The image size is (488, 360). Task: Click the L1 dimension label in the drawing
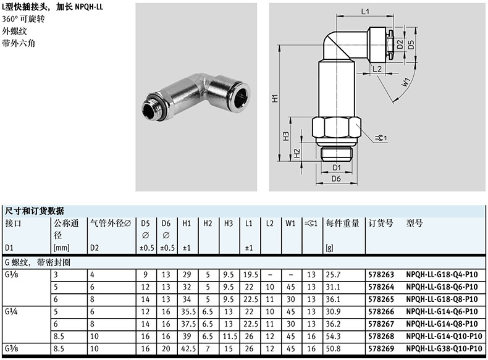(364, 12)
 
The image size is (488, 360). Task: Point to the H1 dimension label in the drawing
(275, 98)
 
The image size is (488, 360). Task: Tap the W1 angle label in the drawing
(406, 82)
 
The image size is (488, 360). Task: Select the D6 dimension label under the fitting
(336, 178)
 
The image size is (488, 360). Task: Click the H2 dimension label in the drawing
(297, 153)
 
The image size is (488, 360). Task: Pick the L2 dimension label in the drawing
(377, 69)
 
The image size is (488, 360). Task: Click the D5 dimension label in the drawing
(411, 44)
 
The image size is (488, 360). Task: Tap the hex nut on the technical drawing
(337, 127)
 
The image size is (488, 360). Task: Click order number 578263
(381, 275)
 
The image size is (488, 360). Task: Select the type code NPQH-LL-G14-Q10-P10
(444, 337)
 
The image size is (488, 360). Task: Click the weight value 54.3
(334, 337)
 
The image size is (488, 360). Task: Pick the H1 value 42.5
(188, 349)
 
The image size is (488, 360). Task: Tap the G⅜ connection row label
(12, 348)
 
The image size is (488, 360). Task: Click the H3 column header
(229, 224)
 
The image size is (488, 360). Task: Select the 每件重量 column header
(343, 223)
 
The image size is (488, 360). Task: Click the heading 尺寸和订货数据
(35, 211)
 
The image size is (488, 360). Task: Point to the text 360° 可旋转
(23, 19)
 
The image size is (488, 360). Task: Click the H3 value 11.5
(230, 337)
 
